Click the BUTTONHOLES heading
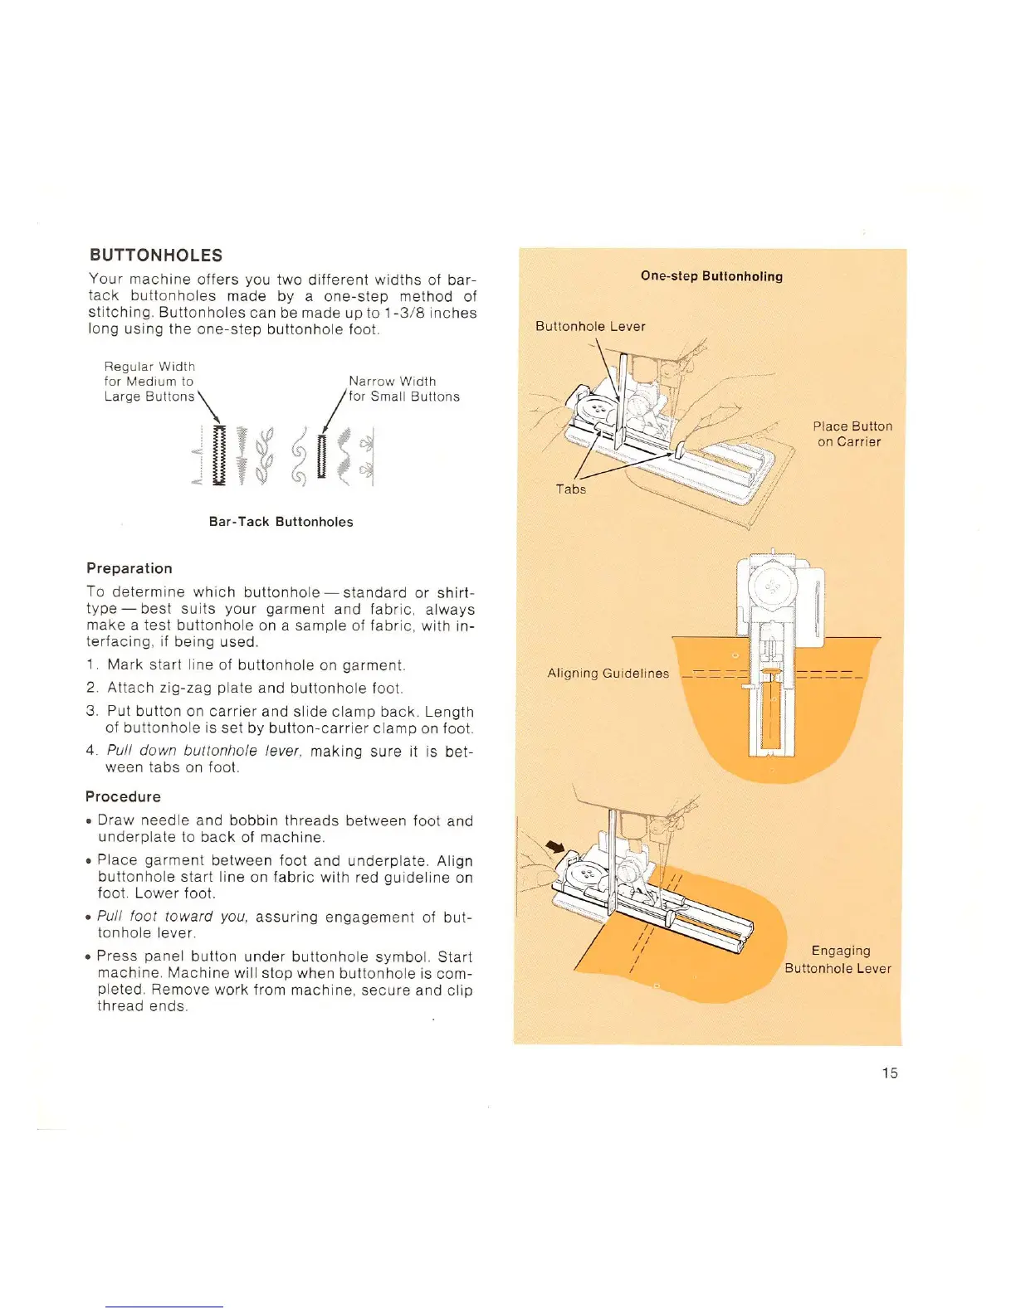pyautogui.click(x=156, y=255)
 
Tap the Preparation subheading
pyautogui.click(x=129, y=568)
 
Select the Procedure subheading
pyautogui.click(x=123, y=796)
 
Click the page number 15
pyautogui.click(x=890, y=1073)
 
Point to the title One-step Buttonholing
pyautogui.click(x=711, y=276)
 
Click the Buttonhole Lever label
pyautogui.click(x=590, y=326)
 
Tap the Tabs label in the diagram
pyautogui.click(x=571, y=489)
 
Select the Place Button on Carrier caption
pyautogui.click(x=852, y=434)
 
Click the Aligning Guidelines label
pyautogui.click(x=608, y=673)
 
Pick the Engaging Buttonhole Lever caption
pyautogui.click(x=838, y=959)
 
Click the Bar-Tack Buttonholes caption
pyautogui.click(x=281, y=522)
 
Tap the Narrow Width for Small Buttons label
pyautogui.click(x=403, y=388)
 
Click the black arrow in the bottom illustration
pyautogui.click(x=554, y=847)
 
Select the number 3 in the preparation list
pyautogui.click(x=91, y=712)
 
